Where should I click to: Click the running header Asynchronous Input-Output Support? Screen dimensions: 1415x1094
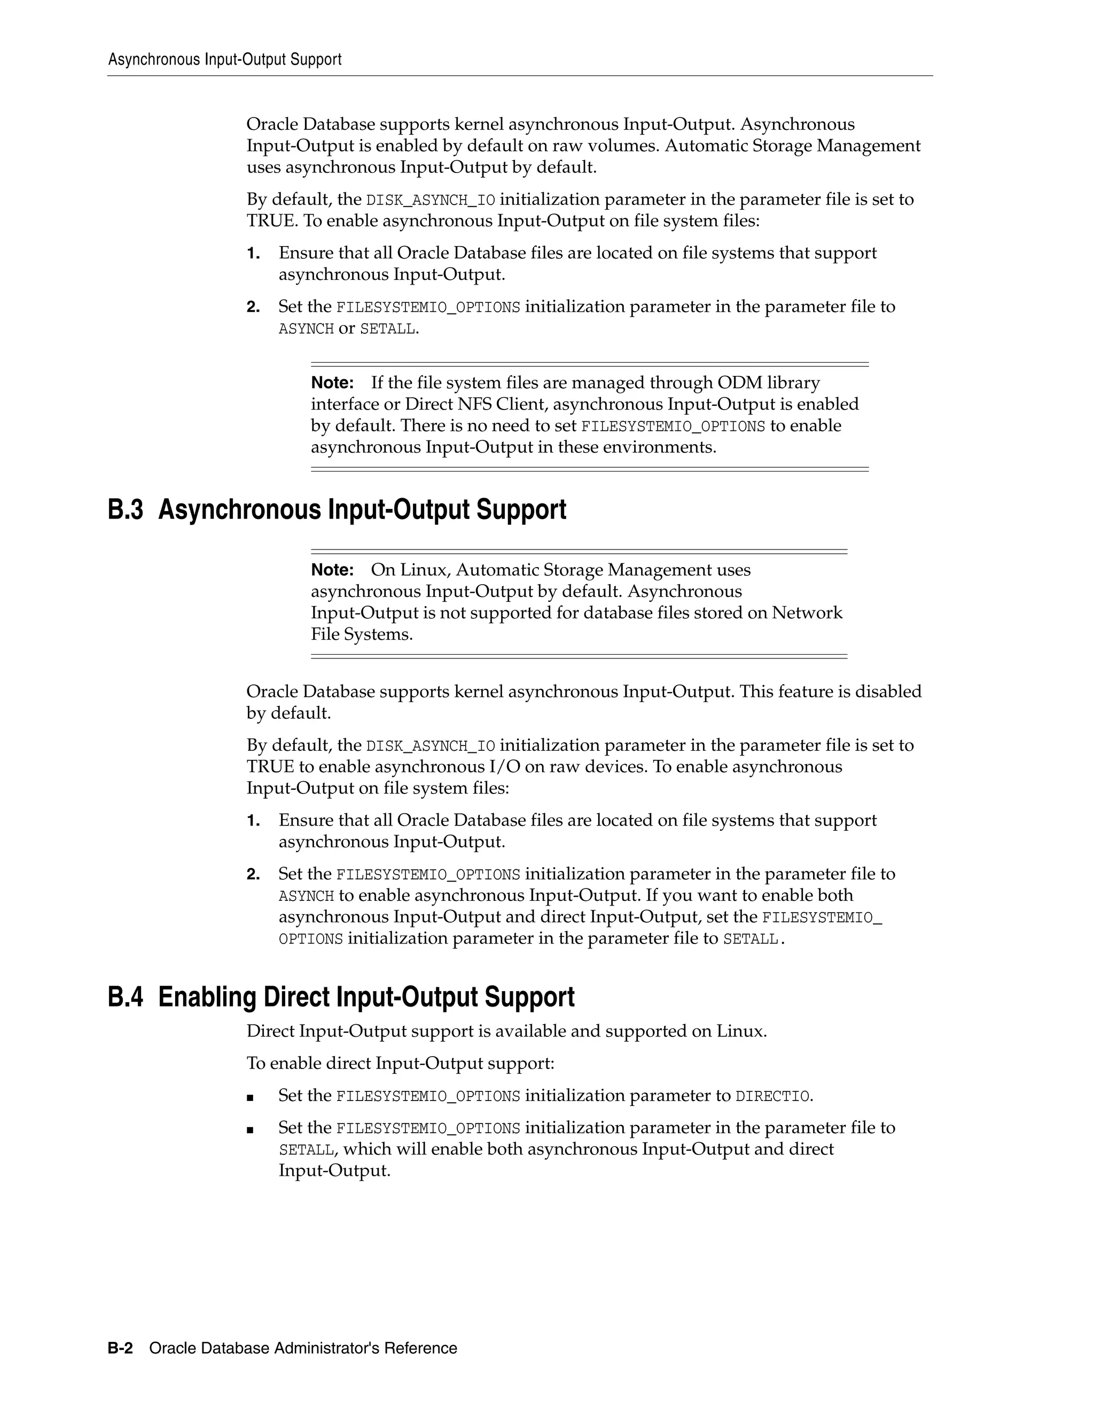[224, 60]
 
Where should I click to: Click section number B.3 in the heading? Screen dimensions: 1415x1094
[125, 510]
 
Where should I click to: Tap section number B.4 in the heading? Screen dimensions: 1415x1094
[125, 997]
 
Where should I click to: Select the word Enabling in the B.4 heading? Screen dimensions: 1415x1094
[207, 997]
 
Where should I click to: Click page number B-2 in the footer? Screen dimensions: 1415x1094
[120, 1348]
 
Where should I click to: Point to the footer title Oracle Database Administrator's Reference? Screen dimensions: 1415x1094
[303, 1348]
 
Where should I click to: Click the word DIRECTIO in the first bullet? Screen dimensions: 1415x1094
[772, 1096]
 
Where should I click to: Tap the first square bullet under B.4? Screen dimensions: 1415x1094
[250, 1097]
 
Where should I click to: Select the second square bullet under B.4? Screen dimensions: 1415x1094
[250, 1130]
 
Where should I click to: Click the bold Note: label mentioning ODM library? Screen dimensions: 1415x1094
[332, 383]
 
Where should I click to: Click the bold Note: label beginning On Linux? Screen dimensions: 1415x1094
[332, 570]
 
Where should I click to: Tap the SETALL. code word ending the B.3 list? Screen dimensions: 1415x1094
[753, 939]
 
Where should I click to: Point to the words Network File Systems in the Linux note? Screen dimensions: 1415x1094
[806, 613]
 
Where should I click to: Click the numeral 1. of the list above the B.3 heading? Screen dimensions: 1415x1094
[253, 253]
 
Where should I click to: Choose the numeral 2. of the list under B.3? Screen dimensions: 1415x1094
[253, 874]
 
